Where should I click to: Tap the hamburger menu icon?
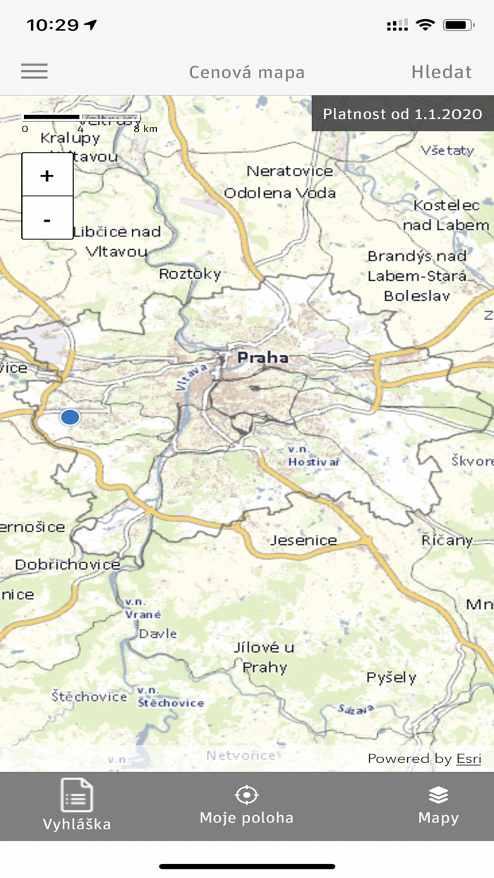point(34,71)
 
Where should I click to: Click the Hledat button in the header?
point(441,72)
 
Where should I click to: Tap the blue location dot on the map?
point(70,417)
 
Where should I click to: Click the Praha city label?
point(263,358)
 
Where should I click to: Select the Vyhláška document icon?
point(76,795)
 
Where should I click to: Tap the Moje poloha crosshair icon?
point(246,795)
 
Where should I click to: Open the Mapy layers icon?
point(438,795)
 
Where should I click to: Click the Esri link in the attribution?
point(469,759)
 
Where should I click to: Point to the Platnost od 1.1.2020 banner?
point(402,114)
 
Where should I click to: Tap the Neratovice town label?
point(289,171)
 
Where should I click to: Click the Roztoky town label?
point(190,274)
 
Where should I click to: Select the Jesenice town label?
point(304,541)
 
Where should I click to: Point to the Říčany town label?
point(447,541)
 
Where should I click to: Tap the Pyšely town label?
point(391,678)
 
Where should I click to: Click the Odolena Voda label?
point(279,193)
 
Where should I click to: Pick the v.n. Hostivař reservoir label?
point(314,455)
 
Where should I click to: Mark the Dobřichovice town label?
point(67,565)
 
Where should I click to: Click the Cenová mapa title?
point(246,72)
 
